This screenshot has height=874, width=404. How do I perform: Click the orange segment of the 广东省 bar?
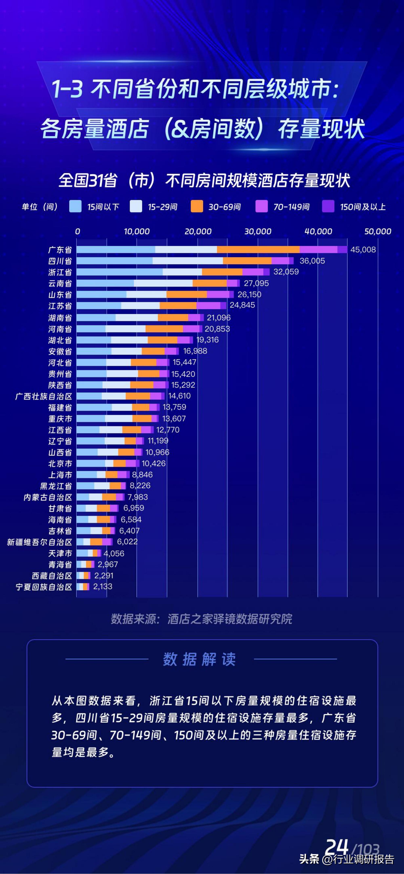coord(258,250)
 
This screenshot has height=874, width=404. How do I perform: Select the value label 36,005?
coord(312,261)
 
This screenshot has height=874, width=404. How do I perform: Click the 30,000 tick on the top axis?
coord(258,231)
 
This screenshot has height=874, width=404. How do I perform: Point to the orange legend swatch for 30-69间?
coord(197,206)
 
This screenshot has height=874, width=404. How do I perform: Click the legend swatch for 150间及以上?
coord(328,206)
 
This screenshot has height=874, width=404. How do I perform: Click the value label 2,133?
coord(103,587)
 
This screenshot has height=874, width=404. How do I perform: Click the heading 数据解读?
coord(199,659)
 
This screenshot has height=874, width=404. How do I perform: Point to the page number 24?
coord(337,847)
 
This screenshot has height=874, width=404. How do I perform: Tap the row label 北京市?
coord(60,463)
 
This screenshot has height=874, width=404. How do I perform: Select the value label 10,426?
coord(154,463)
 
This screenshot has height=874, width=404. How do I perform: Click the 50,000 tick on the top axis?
coord(378,231)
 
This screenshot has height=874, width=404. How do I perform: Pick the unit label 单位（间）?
coord(40,207)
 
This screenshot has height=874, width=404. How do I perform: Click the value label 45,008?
coord(363,250)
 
